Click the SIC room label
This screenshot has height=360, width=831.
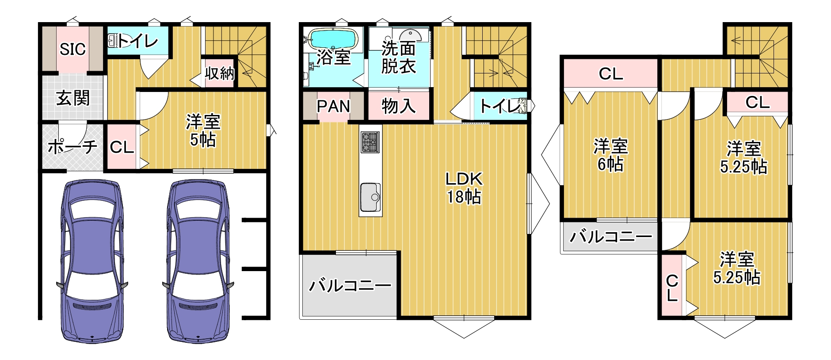click(72, 49)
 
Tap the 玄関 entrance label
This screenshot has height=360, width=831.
click(73, 98)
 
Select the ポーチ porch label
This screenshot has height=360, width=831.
click(72, 146)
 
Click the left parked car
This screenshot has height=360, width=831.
click(92, 261)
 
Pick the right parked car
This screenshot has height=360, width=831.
click(198, 261)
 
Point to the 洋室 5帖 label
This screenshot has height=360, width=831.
click(203, 130)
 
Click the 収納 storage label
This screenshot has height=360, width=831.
click(220, 73)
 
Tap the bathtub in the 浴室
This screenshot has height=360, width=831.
click(332, 38)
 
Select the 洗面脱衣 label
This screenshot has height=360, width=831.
click(398, 57)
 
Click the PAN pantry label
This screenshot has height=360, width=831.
click(333, 106)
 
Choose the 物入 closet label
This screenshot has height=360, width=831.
click(399, 106)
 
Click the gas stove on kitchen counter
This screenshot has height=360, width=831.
click(370, 142)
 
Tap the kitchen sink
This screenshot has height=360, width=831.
click(370, 197)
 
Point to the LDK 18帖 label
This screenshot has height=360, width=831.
click(464, 188)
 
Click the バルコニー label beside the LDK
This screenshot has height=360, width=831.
click(350, 285)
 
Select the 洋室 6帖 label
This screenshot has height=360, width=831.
click(610, 155)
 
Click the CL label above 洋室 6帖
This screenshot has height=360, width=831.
click(611, 73)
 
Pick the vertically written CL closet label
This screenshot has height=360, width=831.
click(672, 288)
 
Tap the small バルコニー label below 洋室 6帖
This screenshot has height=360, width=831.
click(611, 237)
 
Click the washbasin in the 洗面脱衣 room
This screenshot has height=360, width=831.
click(410, 34)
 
